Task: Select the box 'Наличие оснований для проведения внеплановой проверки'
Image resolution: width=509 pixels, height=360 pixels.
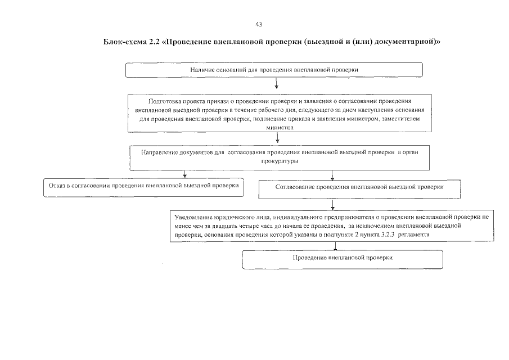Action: pyautogui.click(x=274, y=69)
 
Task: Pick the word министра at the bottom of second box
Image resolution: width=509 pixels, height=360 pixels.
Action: pyautogui.click(x=276, y=128)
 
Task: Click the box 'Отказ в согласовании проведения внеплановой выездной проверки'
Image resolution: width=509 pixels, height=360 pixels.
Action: pyautogui.click(x=144, y=187)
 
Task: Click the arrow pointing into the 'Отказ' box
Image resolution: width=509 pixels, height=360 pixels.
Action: pyautogui.click(x=184, y=174)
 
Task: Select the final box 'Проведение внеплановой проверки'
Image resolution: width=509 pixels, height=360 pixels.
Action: pyautogui.click(x=343, y=259)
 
